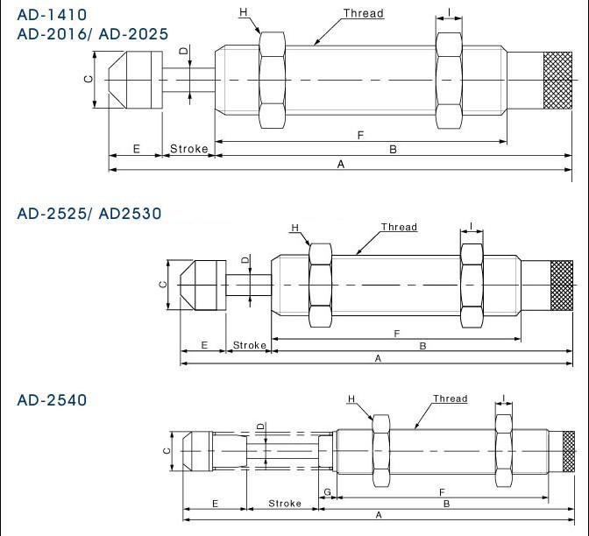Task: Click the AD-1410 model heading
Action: click(x=52, y=15)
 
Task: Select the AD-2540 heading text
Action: click(x=52, y=400)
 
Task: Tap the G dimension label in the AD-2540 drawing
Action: click(x=327, y=491)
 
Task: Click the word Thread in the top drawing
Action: click(x=363, y=13)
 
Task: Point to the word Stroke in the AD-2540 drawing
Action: click(x=285, y=504)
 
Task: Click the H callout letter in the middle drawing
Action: click(x=294, y=228)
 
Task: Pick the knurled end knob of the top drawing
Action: click(x=557, y=81)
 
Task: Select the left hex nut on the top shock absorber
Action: click(x=273, y=81)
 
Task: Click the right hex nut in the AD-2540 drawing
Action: click(x=503, y=451)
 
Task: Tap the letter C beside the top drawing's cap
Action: click(x=89, y=79)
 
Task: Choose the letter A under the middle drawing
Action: click(x=378, y=358)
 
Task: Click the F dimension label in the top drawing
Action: click(x=360, y=135)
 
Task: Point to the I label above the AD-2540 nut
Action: click(x=503, y=398)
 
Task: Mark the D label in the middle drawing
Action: click(x=245, y=260)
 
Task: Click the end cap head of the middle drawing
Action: click(x=203, y=286)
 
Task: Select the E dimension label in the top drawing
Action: click(x=137, y=149)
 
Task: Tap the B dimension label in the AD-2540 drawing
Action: click(x=447, y=504)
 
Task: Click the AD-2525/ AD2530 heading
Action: click(x=89, y=214)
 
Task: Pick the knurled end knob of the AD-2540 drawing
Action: click(x=568, y=452)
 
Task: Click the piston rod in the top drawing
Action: click(x=188, y=80)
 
